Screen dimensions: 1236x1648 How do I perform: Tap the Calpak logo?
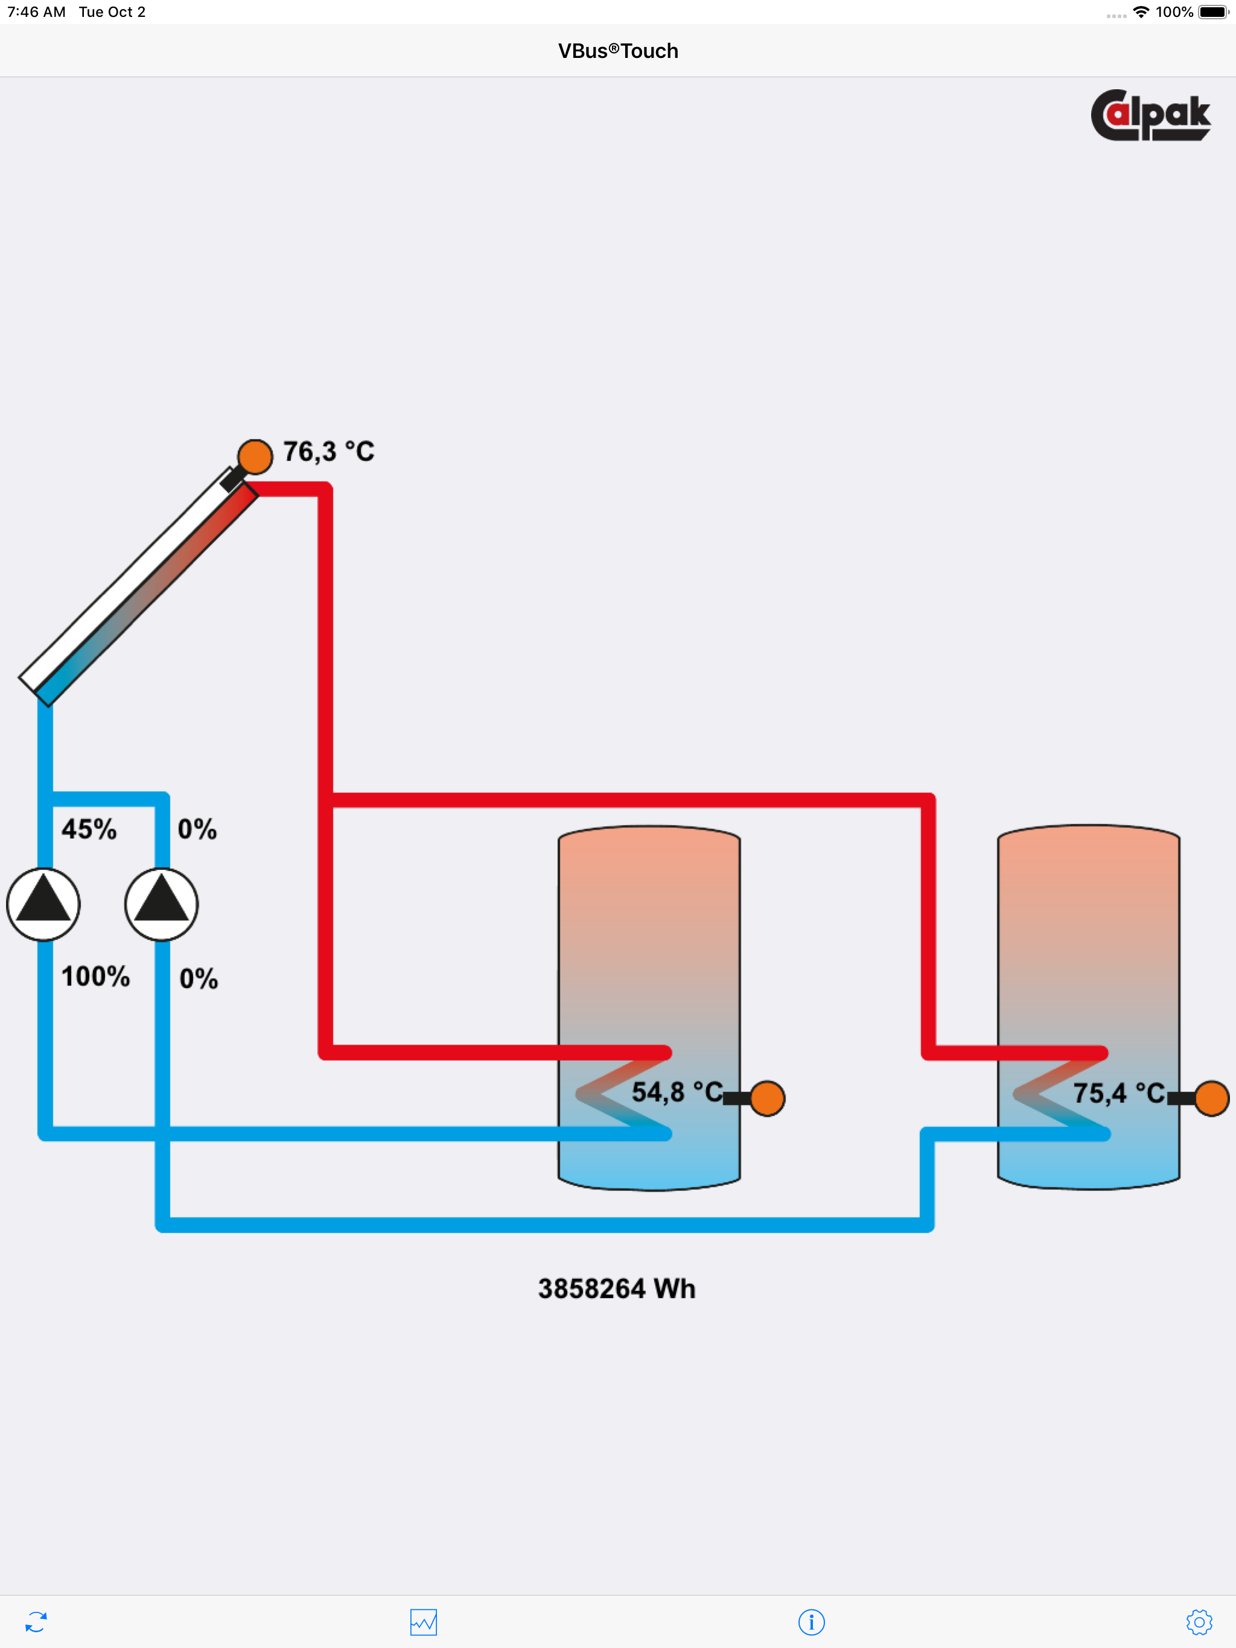(x=1150, y=115)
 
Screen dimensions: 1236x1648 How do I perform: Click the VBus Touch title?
(x=618, y=51)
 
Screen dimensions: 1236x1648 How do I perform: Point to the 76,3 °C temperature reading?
(x=329, y=451)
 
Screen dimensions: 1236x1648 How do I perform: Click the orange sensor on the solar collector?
(x=255, y=457)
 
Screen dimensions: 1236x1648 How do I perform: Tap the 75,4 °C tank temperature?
(x=1119, y=1093)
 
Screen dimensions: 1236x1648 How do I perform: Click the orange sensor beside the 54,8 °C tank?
(x=767, y=1098)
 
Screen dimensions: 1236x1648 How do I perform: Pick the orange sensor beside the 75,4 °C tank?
(x=1211, y=1098)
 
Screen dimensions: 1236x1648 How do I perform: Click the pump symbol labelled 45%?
(x=43, y=904)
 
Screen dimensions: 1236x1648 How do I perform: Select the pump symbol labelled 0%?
(x=161, y=904)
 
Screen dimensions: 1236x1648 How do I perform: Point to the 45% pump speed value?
(x=89, y=828)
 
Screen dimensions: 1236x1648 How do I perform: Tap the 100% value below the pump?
(x=95, y=976)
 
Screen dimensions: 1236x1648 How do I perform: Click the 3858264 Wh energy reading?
(x=617, y=1288)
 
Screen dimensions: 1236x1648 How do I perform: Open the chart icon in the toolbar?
(x=424, y=1622)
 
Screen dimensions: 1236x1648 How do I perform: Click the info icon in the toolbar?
(x=811, y=1622)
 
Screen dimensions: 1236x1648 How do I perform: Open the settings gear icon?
(x=1199, y=1622)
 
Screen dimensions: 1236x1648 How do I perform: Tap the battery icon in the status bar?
(x=1214, y=12)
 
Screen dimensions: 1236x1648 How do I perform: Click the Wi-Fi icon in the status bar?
(x=1141, y=12)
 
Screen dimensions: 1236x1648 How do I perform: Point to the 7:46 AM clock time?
(x=37, y=12)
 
